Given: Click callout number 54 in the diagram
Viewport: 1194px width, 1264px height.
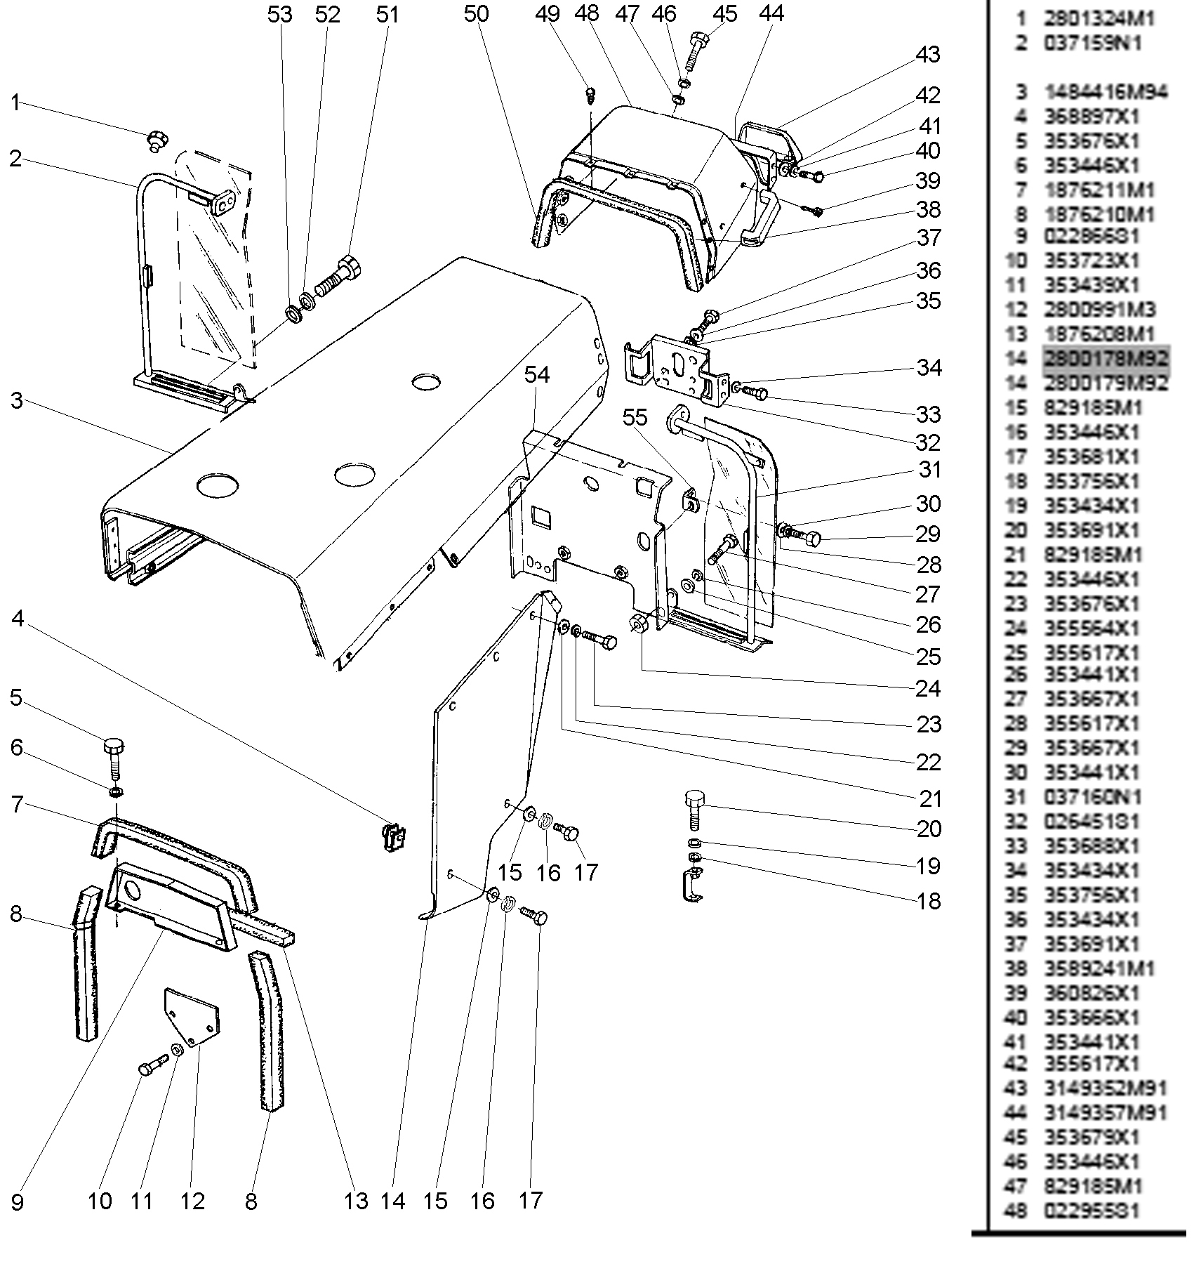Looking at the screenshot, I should pos(537,375).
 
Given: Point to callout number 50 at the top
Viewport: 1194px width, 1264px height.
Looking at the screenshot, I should pos(476,14).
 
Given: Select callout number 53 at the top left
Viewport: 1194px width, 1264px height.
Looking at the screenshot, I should pos(279,14).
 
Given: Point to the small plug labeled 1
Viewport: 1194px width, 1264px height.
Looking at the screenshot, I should pos(157,140).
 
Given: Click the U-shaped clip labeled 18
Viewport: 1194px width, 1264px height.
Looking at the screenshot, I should pos(692,886).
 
